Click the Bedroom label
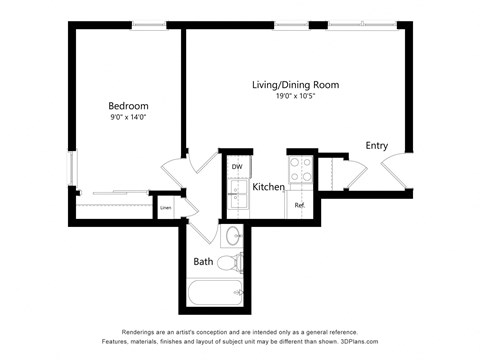click(128, 106)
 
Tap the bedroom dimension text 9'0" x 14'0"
click(128, 117)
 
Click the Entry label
click(376, 145)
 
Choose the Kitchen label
click(269, 187)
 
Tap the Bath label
click(203, 262)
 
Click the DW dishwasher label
click(237, 166)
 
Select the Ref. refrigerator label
click(299, 206)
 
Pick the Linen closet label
click(165, 208)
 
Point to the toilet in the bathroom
click(231, 263)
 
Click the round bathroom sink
click(233, 237)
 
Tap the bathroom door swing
click(206, 233)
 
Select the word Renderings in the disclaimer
click(141, 332)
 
